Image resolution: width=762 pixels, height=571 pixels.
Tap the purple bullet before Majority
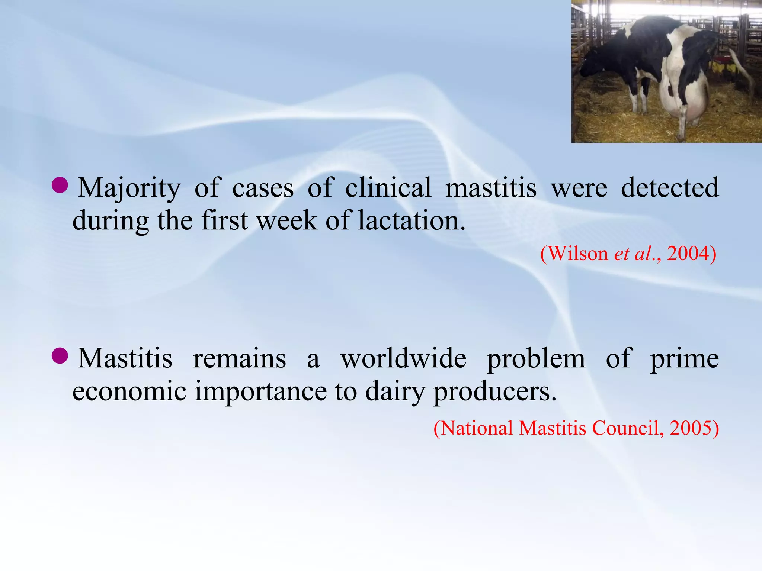point(60,185)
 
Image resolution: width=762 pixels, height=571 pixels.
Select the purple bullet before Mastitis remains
point(60,356)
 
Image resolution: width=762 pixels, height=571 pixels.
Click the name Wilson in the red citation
point(574,254)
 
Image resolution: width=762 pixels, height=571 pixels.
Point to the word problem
point(536,359)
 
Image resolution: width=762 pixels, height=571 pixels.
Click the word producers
point(495,392)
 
